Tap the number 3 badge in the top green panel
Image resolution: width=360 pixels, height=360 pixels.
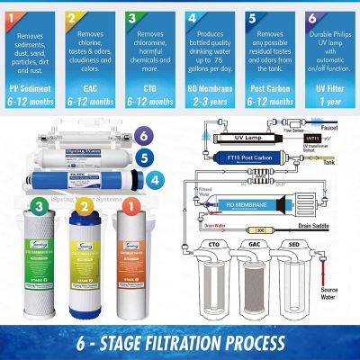click(x=132, y=16)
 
